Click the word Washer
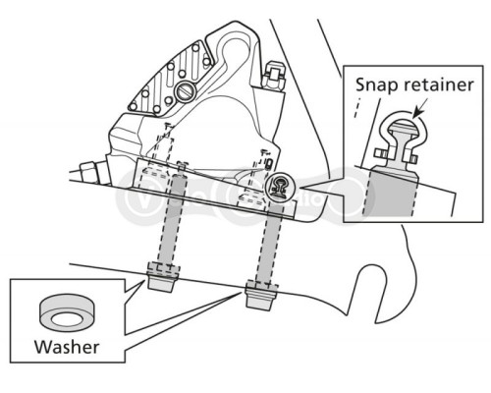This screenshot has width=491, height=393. point(67,347)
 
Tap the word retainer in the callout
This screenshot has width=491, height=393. point(439,84)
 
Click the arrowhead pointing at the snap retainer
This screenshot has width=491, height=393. point(416,113)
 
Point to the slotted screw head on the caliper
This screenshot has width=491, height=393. point(186,91)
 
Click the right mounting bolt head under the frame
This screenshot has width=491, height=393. point(261,295)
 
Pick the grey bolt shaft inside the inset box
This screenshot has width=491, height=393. point(391,193)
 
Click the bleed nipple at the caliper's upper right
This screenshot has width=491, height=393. point(273,77)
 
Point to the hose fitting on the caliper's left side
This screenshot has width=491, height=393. point(89,173)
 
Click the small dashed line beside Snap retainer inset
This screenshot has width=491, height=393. point(357,107)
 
